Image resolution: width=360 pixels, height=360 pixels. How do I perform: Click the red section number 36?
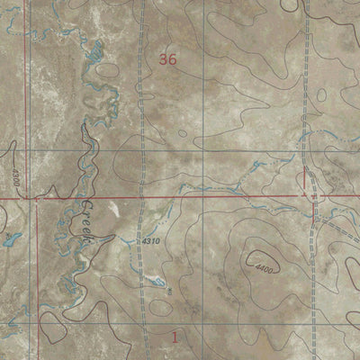(166, 60)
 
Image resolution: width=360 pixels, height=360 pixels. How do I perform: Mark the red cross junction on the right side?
(314, 194)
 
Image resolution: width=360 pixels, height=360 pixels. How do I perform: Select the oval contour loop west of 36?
(107, 69)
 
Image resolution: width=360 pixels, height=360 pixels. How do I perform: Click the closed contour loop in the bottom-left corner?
(54, 331)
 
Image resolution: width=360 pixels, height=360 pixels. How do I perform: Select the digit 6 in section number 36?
(171, 60)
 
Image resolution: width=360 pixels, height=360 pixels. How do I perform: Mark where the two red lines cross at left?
(37, 195)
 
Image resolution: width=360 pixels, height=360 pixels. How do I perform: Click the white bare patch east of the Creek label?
(113, 209)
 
